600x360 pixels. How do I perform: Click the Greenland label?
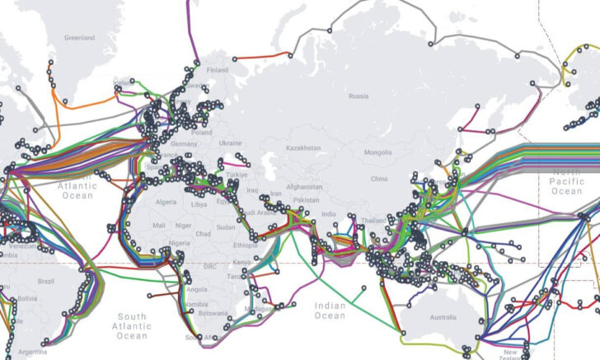point(80,37)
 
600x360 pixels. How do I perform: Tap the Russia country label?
point(359,96)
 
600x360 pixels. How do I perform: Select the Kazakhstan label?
point(302,147)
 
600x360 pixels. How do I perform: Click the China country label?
point(379,179)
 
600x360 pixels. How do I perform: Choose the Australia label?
point(443,317)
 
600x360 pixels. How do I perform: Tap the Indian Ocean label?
point(330,311)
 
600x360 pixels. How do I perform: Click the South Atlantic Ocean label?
point(132,326)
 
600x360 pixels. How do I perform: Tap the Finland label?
point(218,70)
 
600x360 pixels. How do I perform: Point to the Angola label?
point(197,290)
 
